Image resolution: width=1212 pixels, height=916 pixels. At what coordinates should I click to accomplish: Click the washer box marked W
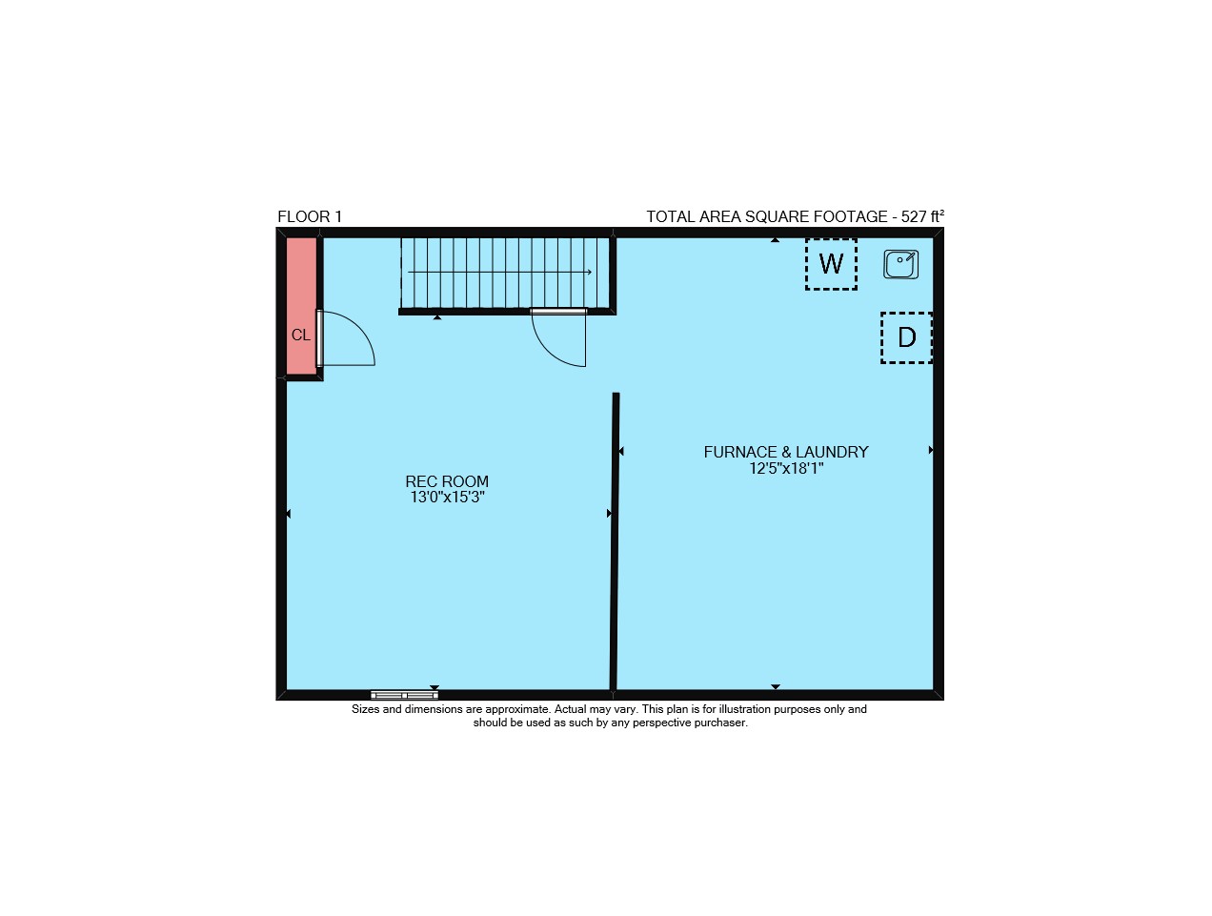point(831,264)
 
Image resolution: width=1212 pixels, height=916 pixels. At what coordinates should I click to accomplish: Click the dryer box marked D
point(906,337)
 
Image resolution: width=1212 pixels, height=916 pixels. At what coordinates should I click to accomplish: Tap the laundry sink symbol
point(900,264)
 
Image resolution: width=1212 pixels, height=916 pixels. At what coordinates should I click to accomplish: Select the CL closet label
point(301,335)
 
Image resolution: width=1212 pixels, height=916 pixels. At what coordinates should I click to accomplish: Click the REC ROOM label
point(447,481)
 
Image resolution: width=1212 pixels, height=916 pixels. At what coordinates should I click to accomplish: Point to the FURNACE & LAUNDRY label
point(786,452)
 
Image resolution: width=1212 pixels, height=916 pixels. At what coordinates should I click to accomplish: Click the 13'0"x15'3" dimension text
point(447,497)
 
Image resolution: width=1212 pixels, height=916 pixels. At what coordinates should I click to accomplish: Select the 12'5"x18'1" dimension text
point(786,468)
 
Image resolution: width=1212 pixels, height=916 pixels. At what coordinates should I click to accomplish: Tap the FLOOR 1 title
point(310,216)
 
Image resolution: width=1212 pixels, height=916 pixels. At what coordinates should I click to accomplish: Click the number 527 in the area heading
point(913,216)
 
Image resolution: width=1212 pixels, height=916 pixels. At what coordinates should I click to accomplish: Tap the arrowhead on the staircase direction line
point(590,272)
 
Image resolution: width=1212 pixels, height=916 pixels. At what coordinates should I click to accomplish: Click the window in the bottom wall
point(404,695)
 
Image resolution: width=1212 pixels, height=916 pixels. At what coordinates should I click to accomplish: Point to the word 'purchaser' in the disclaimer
point(721,723)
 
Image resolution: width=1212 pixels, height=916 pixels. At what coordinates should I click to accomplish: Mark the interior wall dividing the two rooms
point(614,541)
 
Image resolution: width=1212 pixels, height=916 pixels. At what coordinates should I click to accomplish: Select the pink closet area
point(301,306)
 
